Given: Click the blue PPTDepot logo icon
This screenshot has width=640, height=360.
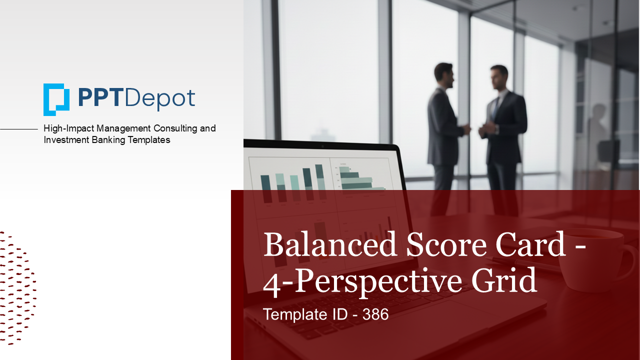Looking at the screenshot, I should point(56,99).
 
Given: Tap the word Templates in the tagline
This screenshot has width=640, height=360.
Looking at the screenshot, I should point(148,140).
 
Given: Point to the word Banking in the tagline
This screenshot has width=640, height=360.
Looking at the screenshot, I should point(107,140).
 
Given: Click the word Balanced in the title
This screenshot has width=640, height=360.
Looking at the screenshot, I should point(330,245).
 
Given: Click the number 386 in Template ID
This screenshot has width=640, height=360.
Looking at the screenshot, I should point(375,314).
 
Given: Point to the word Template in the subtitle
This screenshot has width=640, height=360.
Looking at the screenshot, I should point(290,314).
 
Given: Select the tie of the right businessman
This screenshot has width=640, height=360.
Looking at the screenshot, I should point(494,107).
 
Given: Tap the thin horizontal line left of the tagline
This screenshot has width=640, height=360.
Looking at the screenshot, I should point(19,129).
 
